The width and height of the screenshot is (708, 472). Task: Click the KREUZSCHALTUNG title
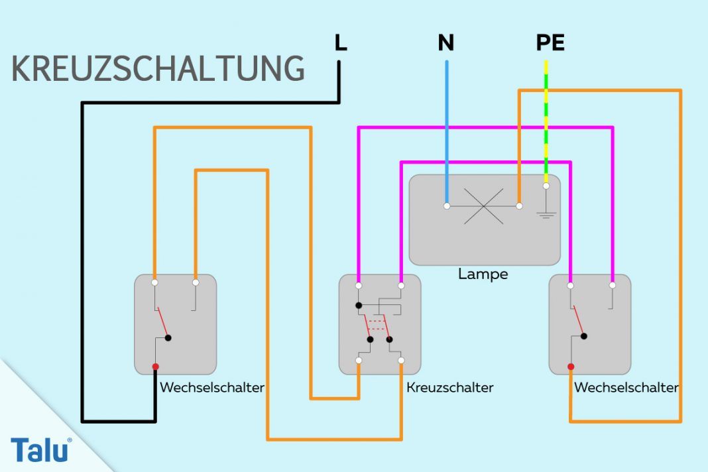click(158, 69)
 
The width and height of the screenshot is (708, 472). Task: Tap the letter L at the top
click(341, 43)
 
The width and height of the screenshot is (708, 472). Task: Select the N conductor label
click(446, 43)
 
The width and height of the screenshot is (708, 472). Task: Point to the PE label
click(550, 43)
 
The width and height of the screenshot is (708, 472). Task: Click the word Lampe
click(483, 274)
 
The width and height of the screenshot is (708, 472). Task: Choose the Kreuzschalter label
click(449, 387)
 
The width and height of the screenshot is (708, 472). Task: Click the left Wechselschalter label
click(212, 387)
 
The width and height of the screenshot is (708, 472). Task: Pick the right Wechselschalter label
click(626, 387)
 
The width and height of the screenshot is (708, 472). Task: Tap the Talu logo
click(40, 450)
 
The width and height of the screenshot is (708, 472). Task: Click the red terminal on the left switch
click(155, 367)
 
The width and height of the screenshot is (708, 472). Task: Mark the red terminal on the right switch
click(570, 366)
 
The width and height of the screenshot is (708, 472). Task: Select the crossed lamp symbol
click(483, 206)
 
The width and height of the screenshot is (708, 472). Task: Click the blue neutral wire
click(446, 133)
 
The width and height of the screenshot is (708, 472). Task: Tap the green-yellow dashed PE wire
click(546, 119)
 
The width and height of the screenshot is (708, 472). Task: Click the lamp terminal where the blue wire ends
click(447, 206)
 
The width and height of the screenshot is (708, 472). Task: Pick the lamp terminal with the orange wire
click(519, 206)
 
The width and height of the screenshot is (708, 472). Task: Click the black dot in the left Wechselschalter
click(168, 337)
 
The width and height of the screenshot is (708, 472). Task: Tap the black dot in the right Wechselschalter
click(583, 336)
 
